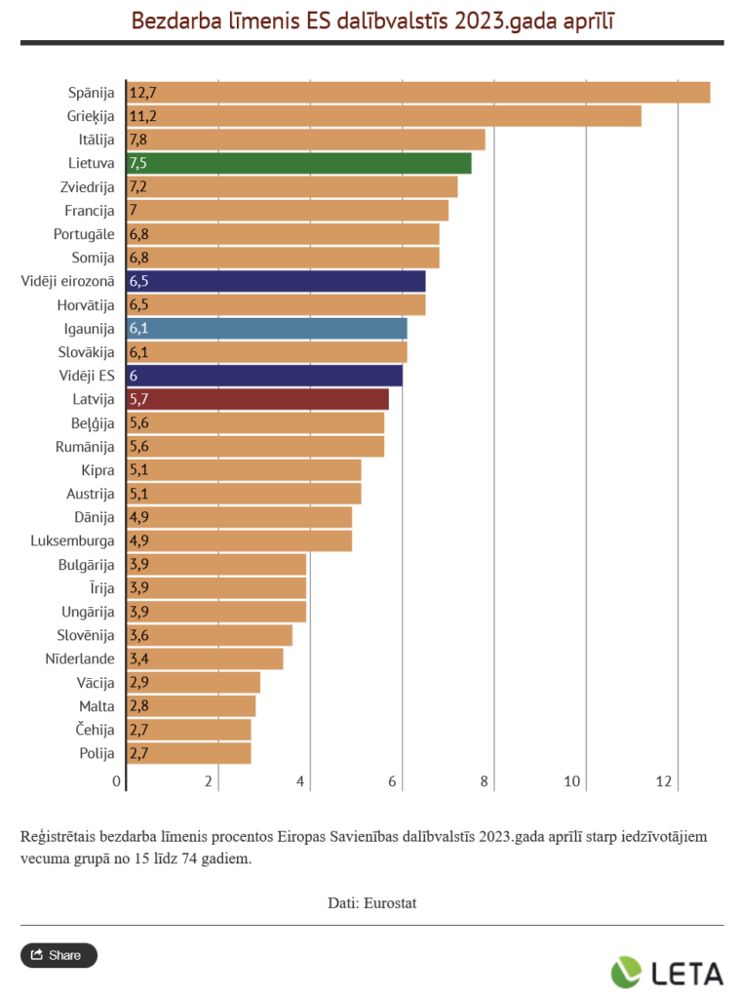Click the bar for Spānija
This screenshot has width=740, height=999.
coord(419,93)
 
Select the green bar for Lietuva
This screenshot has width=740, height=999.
coord(299,163)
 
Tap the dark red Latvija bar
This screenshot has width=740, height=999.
coord(258,399)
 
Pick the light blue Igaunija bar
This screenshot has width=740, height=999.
coord(267,328)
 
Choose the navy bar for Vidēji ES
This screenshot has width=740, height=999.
coord(265,376)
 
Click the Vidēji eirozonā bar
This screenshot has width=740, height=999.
coord(276,281)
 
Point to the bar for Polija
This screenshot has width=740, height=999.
coord(189,753)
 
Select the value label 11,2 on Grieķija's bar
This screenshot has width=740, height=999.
coord(142,116)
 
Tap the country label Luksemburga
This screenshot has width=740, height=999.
coord(73,540)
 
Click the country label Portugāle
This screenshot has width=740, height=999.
coord(84,234)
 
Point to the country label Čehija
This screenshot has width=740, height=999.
coord(96,730)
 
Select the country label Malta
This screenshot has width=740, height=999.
coord(97,705)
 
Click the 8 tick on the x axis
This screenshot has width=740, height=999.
coord(485,781)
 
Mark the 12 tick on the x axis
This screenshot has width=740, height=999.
coord(666,781)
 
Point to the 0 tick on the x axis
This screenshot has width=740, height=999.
coord(117,781)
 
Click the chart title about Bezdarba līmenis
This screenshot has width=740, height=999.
coord(372,20)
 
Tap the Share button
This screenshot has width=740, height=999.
coord(58,955)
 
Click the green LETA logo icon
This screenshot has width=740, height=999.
coord(627,972)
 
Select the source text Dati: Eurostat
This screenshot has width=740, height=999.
coord(371,902)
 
